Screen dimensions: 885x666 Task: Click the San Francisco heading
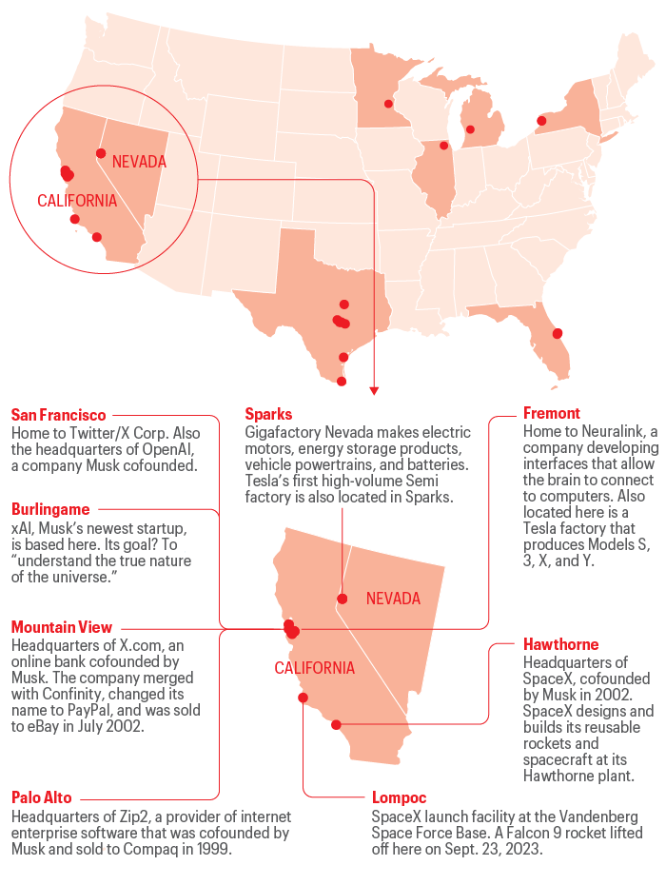pyautogui.click(x=58, y=415)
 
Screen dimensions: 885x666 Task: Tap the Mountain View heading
pyautogui.click(x=62, y=627)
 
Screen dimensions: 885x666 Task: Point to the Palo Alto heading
pyautogui.click(x=41, y=797)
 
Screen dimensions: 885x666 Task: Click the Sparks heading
pyautogui.click(x=268, y=414)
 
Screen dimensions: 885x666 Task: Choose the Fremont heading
pyautogui.click(x=552, y=414)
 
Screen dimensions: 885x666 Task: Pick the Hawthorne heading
pyautogui.click(x=561, y=645)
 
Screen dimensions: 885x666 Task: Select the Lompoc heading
pyautogui.click(x=399, y=797)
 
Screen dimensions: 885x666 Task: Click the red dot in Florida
pyautogui.click(x=558, y=333)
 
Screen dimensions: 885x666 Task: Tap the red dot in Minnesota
pyautogui.click(x=388, y=104)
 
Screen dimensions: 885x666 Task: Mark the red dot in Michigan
pyautogui.click(x=469, y=129)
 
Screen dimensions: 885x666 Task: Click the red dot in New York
pyautogui.click(x=541, y=121)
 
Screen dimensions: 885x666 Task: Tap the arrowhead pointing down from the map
pyautogui.click(x=374, y=390)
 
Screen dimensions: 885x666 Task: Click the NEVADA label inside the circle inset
pyautogui.click(x=139, y=162)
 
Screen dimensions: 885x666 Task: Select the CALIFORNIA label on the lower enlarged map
pyautogui.click(x=315, y=668)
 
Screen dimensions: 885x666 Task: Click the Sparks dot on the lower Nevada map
pyautogui.click(x=341, y=599)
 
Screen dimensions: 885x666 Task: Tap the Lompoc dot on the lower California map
pyautogui.click(x=303, y=698)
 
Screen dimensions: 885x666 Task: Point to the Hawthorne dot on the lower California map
pyautogui.click(x=336, y=725)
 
